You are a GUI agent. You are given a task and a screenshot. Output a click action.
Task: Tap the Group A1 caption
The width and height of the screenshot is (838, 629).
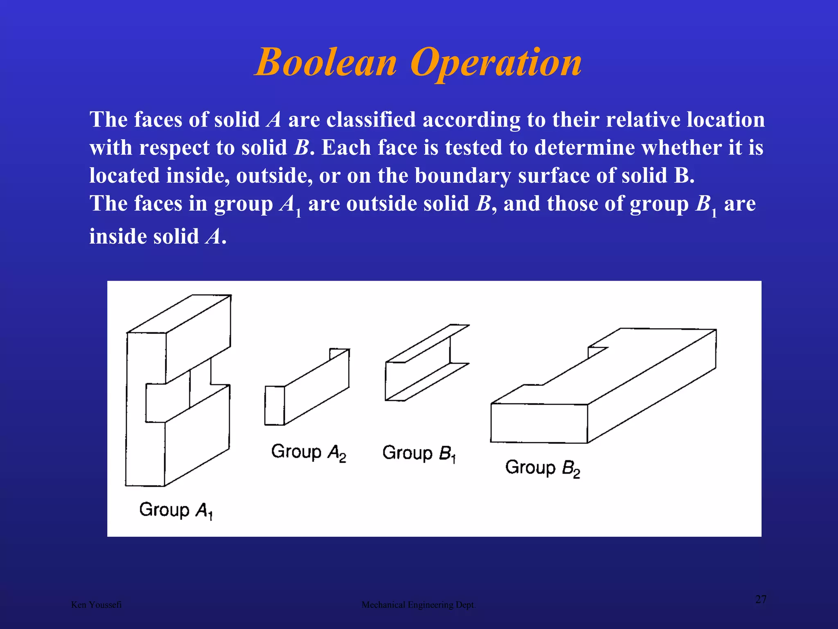pyautogui.click(x=176, y=510)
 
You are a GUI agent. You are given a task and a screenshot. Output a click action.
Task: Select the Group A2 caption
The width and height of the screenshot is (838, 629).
pyautogui.click(x=309, y=452)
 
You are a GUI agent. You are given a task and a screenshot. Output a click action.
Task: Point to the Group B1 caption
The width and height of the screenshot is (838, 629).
pyautogui.click(x=419, y=453)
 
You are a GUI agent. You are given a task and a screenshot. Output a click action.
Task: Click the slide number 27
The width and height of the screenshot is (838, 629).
pyautogui.click(x=761, y=600)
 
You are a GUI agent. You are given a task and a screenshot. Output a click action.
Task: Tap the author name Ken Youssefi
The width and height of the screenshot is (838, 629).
pyautogui.click(x=96, y=605)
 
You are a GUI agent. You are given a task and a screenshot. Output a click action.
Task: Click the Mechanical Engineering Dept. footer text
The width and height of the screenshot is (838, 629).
pyautogui.click(x=419, y=605)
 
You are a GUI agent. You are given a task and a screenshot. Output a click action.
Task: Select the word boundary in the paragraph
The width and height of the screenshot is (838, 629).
pyautogui.click(x=462, y=176)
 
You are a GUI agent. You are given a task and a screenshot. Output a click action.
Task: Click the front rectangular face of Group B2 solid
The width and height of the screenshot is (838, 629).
pyautogui.click(x=539, y=423)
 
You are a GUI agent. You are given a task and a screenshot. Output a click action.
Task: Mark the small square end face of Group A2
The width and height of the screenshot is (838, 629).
pyautogui.click(x=275, y=405)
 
